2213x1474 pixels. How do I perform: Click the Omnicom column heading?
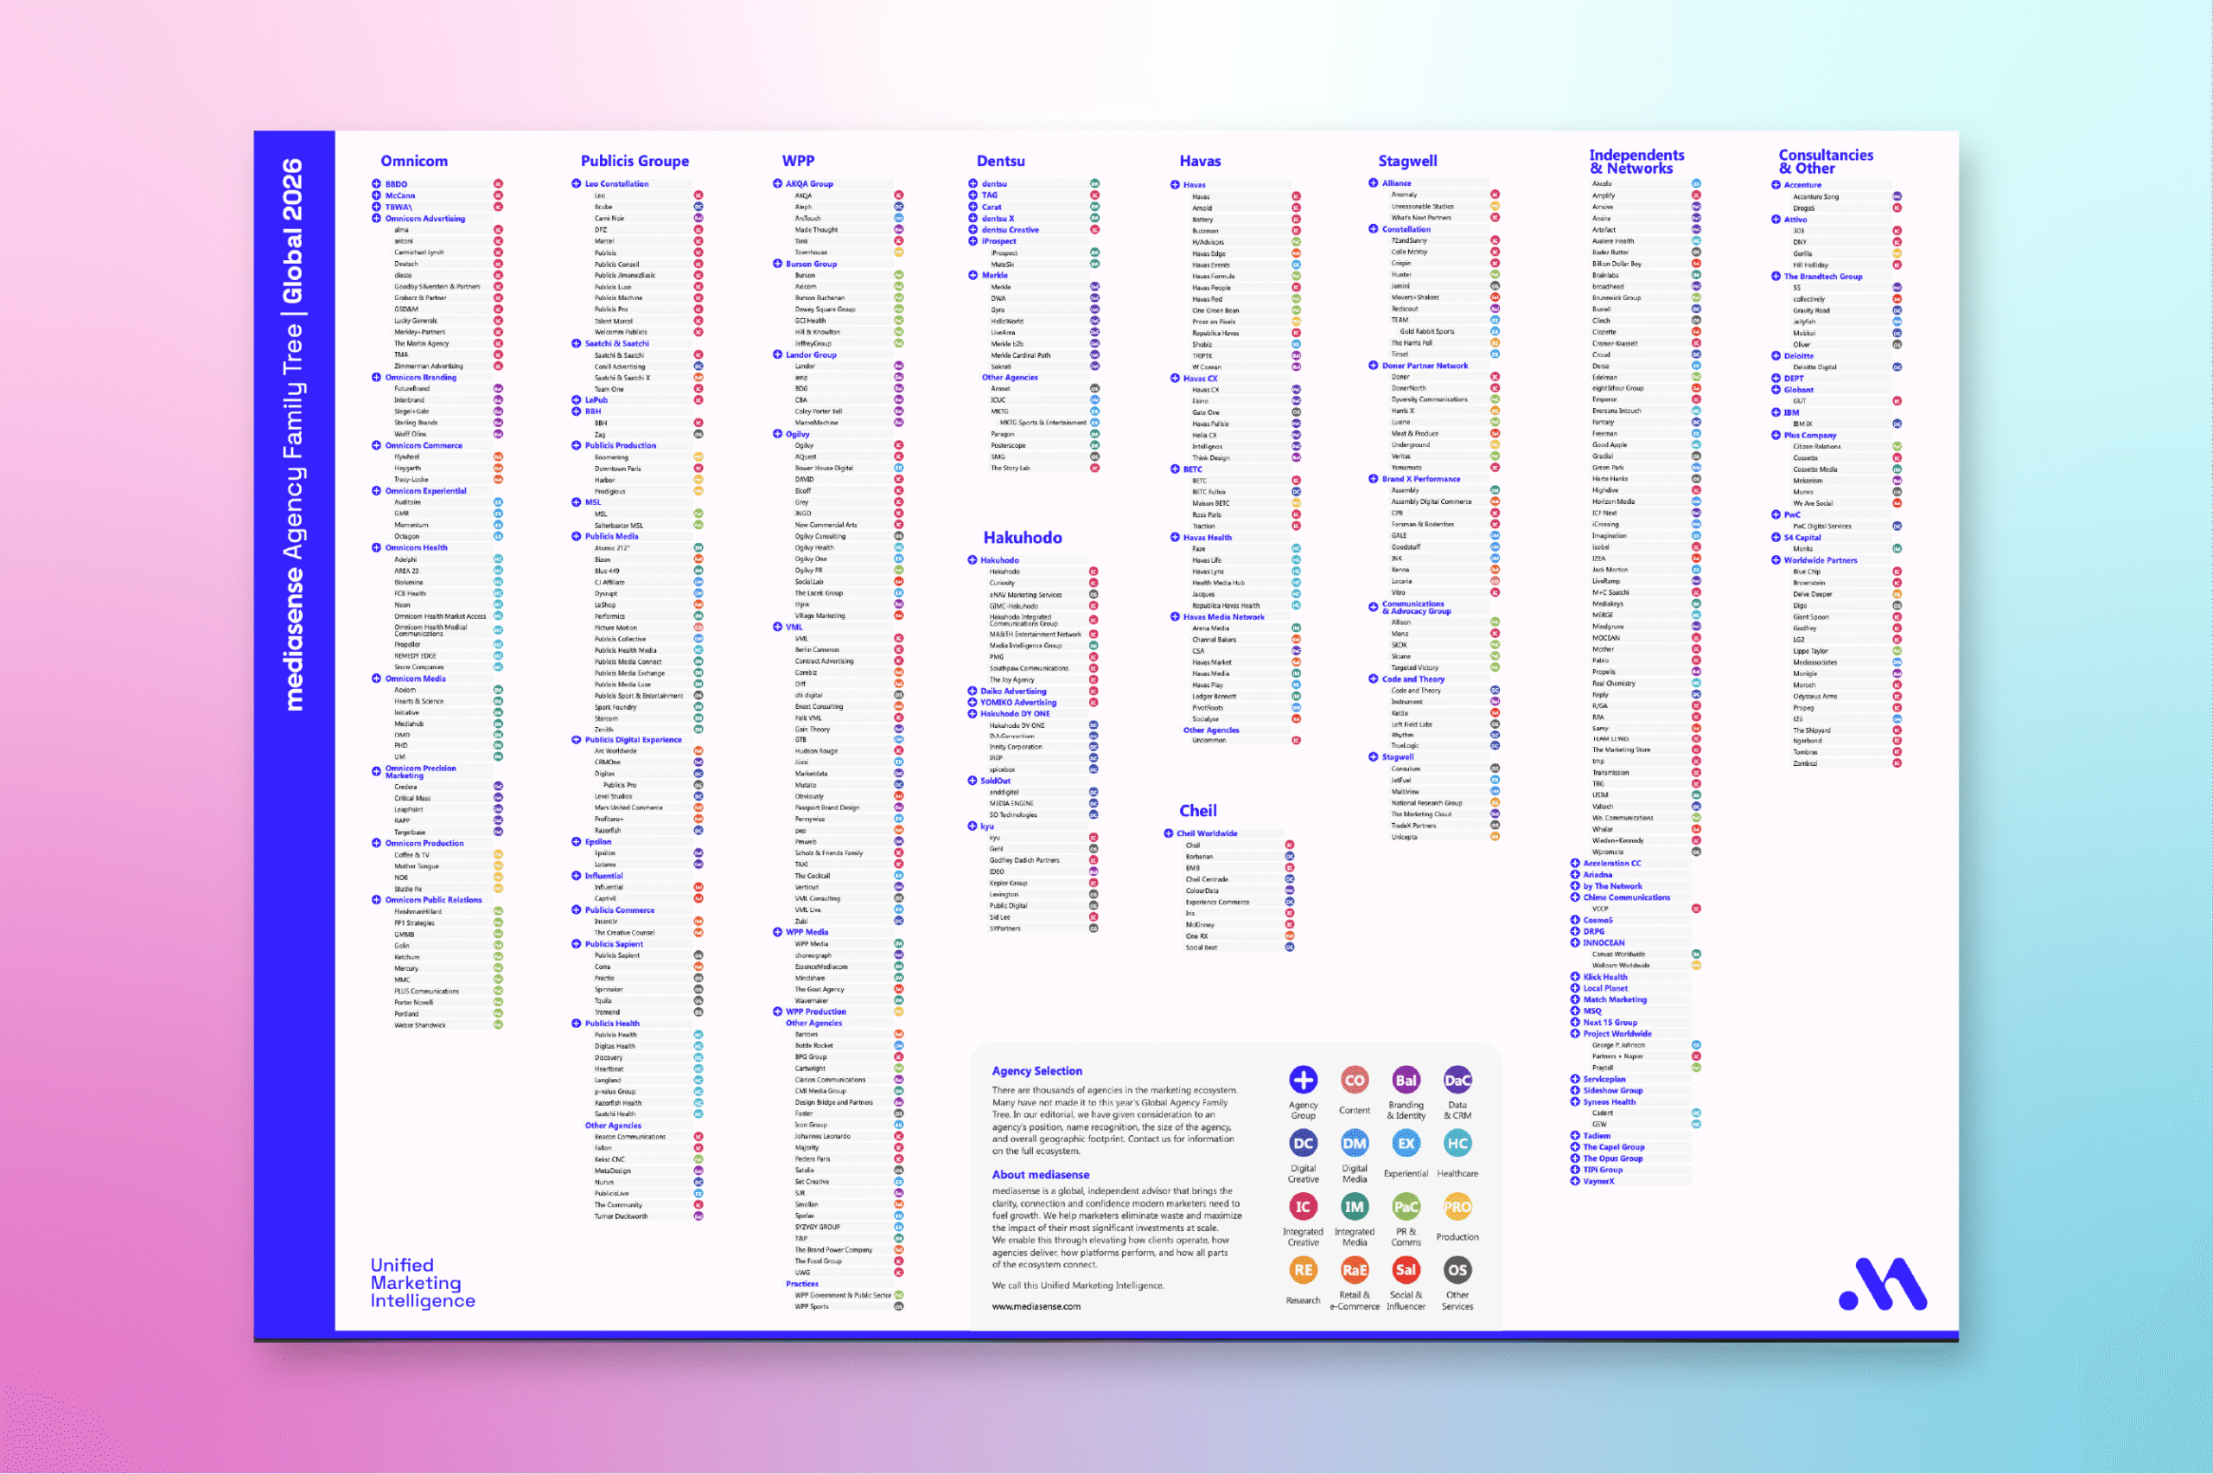(x=413, y=161)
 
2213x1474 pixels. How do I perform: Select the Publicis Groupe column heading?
(x=635, y=161)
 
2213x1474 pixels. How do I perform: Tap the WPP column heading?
(x=798, y=161)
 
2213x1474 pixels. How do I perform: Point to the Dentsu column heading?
(x=1000, y=161)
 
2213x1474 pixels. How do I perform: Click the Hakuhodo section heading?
(x=1023, y=538)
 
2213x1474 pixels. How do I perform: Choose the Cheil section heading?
(x=1197, y=810)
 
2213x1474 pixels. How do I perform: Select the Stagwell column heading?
(x=1406, y=161)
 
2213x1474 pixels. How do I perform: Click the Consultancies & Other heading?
(x=1825, y=162)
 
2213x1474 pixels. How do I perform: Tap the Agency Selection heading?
(x=1036, y=1071)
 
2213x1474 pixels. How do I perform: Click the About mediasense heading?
(x=1040, y=1174)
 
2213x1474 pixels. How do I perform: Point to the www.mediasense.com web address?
(x=1036, y=1305)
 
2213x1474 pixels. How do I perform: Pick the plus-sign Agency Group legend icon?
(x=1303, y=1080)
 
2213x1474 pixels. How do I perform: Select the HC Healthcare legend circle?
(x=1457, y=1143)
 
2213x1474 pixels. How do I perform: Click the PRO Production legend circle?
(x=1457, y=1206)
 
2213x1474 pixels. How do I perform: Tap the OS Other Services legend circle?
(x=1457, y=1270)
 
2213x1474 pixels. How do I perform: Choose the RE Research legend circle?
(x=1303, y=1270)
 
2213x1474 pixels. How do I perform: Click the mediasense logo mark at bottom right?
(x=1882, y=1284)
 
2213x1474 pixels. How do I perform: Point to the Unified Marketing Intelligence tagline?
(x=422, y=1282)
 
